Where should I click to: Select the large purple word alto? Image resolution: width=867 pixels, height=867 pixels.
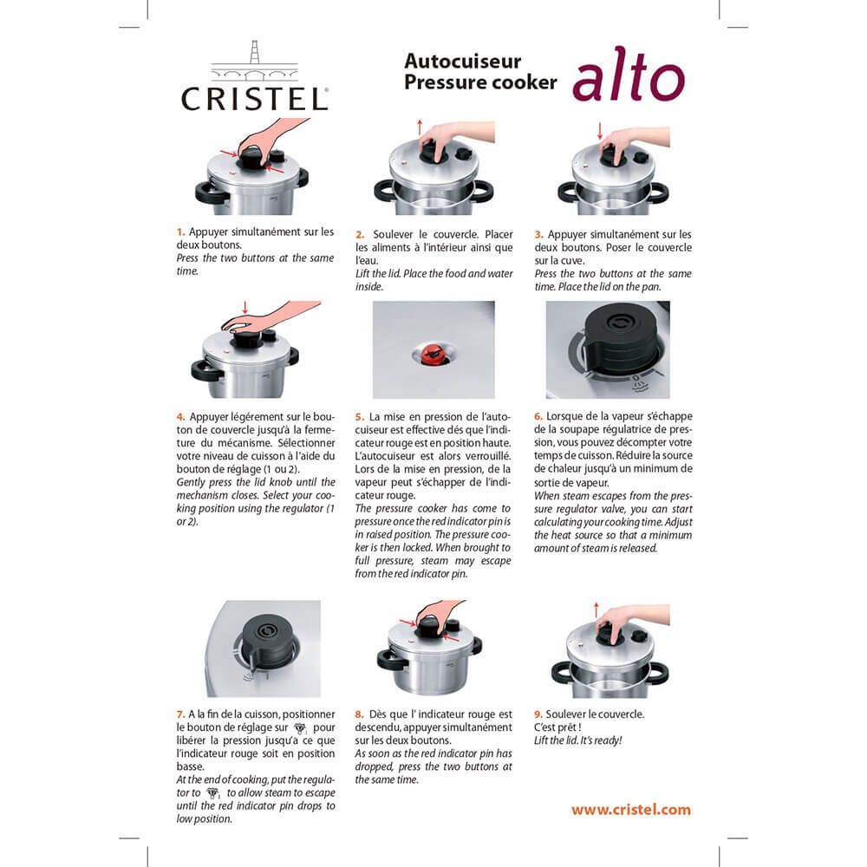[x=628, y=80]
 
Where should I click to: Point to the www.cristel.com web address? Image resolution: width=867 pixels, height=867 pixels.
[x=630, y=810]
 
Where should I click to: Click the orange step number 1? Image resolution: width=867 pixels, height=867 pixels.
[x=180, y=232]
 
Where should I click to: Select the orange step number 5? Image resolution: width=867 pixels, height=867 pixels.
[x=360, y=416]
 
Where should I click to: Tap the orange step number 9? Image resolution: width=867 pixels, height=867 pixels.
[x=538, y=714]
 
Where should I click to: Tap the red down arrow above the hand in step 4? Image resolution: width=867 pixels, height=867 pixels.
[x=245, y=308]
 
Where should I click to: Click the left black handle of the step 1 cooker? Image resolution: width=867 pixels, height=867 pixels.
[x=206, y=193]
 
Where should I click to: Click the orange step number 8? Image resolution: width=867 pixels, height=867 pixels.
[x=359, y=714]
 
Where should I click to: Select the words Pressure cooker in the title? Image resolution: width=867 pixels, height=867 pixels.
[x=479, y=82]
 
